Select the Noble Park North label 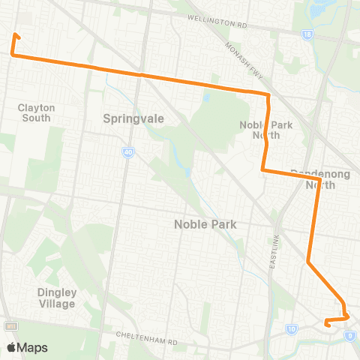[x=260, y=130]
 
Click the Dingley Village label [x=55, y=298]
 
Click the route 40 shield [x=128, y=153]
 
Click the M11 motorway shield [x=10, y=327]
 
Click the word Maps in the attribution [x=33, y=347]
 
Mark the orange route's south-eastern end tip [x=325, y=324]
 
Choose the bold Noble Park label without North [x=205, y=223]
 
